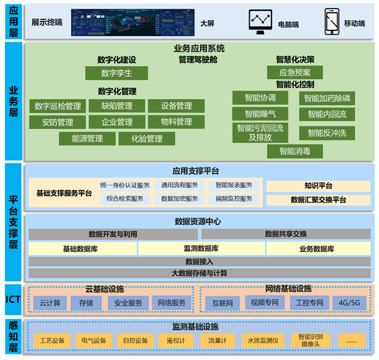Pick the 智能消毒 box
click(x=295, y=151)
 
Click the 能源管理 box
click(x=87, y=139)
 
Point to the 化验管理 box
click(x=147, y=139)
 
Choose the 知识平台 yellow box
click(x=318, y=185)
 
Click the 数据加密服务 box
click(x=180, y=199)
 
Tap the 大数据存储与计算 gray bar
click(x=199, y=273)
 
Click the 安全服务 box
click(x=129, y=303)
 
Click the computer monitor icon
click(x=261, y=21)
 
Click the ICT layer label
click(x=12, y=300)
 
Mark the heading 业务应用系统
click(x=199, y=48)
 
